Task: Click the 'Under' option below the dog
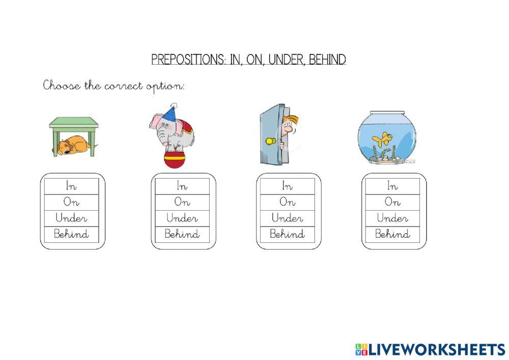(x=72, y=218)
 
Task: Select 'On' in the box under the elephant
(x=182, y=202)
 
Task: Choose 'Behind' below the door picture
(x=288, y=234)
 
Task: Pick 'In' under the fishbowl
(x=392, y=186)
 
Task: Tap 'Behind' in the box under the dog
(x=72, y=234)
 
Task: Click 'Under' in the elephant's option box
(x=182, y=218)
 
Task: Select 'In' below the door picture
(x=288, y=186)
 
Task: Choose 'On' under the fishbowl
(x=392, y=202)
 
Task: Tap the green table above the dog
(x=74, y=123)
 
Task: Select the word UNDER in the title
(x=286, y=60)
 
